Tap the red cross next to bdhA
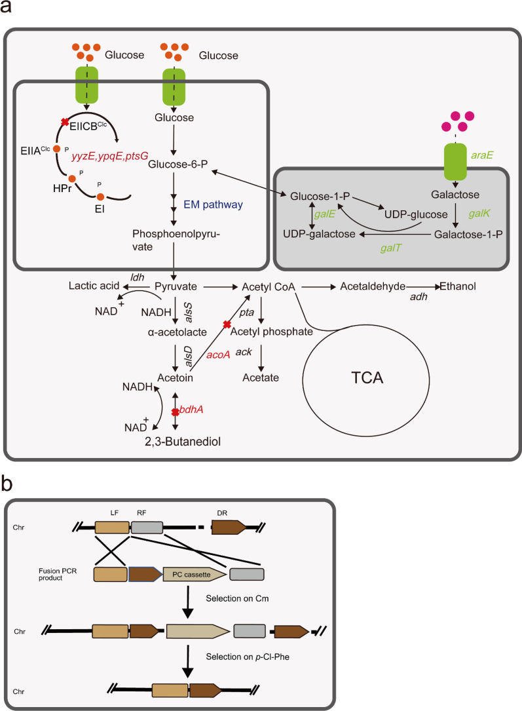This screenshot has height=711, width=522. (175, 412)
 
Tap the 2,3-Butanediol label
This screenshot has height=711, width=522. (183, 442)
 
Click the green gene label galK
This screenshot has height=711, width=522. (481, 214)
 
